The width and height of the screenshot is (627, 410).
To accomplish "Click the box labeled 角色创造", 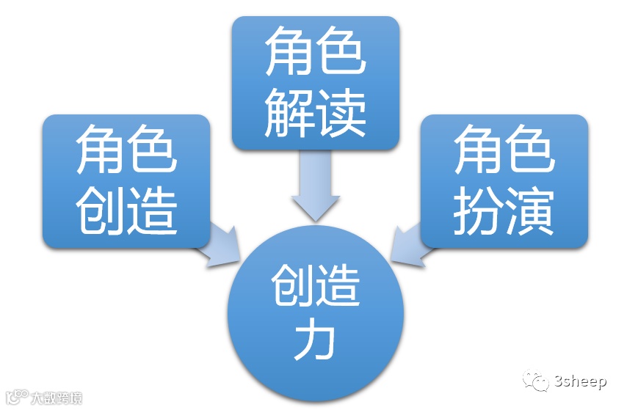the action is coord(126,181).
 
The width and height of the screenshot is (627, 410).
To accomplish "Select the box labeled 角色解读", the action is coord(315,82).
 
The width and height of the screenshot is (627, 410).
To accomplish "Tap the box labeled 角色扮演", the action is coord(504,181).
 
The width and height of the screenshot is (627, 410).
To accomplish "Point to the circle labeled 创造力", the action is coord(316,312).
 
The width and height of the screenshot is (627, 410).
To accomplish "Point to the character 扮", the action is coord(477,211).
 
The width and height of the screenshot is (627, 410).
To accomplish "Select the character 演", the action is coord(530,211).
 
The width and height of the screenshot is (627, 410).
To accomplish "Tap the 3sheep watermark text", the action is coord(581,381).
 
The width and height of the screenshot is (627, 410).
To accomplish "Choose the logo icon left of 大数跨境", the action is coord(16,397).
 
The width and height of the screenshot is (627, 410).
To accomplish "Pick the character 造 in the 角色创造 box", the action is coord(153,211).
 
